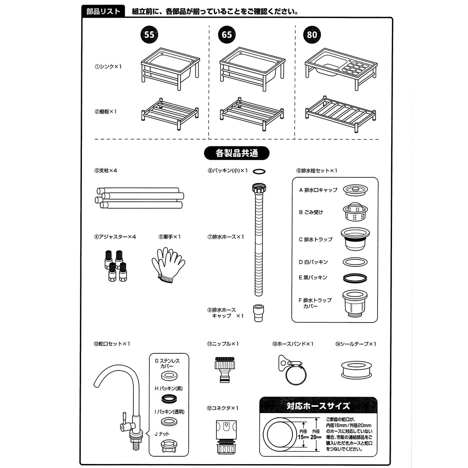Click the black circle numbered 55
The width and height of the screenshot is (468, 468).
tap(149, 35)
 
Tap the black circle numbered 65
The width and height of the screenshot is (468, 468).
tap(227, 35)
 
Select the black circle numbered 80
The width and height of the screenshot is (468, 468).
tap(312, 35)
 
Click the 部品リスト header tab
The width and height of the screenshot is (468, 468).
tap(103, 11)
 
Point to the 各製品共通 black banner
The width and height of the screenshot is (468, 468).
tap(237, 153)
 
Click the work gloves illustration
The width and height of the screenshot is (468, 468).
tap(168, 264)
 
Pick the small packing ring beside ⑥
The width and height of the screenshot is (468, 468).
tap(259, 171)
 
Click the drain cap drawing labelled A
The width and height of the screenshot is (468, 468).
tap(355, 190)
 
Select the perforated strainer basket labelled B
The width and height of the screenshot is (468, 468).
tap(355, 213)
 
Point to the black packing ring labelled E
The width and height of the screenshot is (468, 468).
tap(355, 278)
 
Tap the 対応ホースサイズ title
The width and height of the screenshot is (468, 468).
tap(318, 406)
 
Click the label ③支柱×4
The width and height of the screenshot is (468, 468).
tap(106, 171)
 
